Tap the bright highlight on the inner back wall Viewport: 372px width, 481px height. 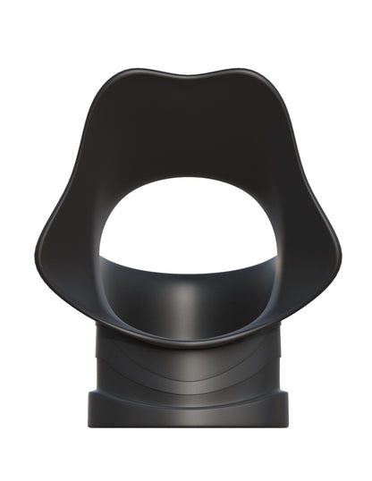pyautogui.click(x=186, y=300)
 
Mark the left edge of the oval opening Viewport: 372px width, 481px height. pyautogui.click(x=99, y=246)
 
